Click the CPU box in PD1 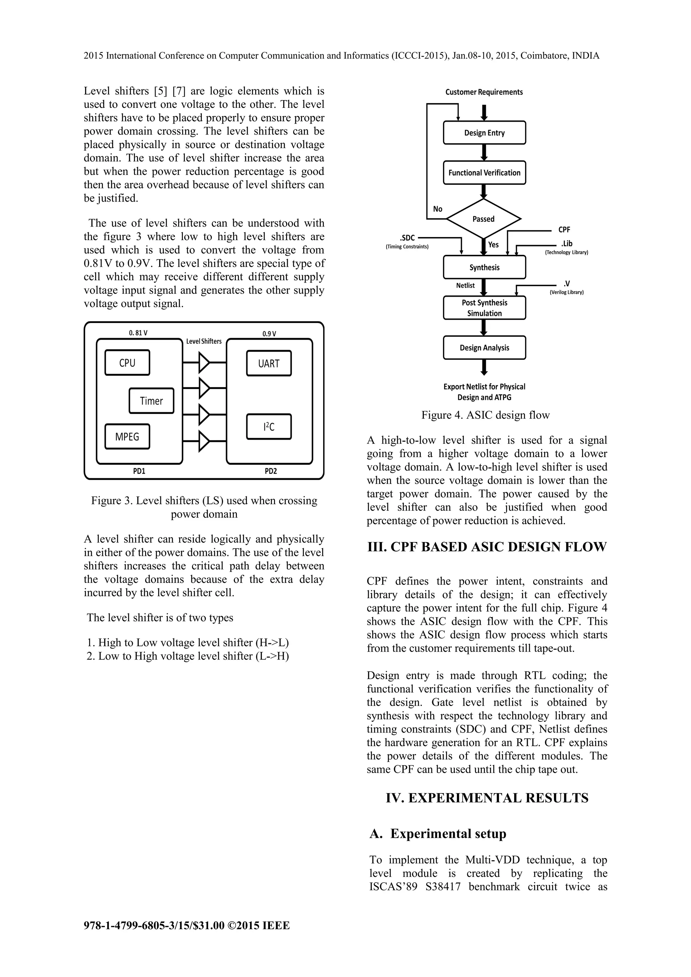point(127,362)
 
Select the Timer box point(151,401)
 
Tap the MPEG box point(127,437)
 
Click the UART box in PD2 point(269,363)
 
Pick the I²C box point(269,426)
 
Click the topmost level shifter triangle point(204,362)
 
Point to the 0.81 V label point(138,333)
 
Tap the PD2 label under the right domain point(271,471)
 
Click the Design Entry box point(485,133)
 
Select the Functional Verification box point(485,173)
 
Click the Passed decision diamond point(483,219)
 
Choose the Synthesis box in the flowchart point(485,267)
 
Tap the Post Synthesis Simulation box point(485,308)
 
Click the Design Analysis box point(485,348)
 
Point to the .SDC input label point(408,238)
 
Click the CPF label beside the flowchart point(564,230)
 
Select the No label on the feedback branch point(438,209)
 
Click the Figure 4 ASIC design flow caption point(486,415)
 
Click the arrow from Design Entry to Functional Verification point(484,152)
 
